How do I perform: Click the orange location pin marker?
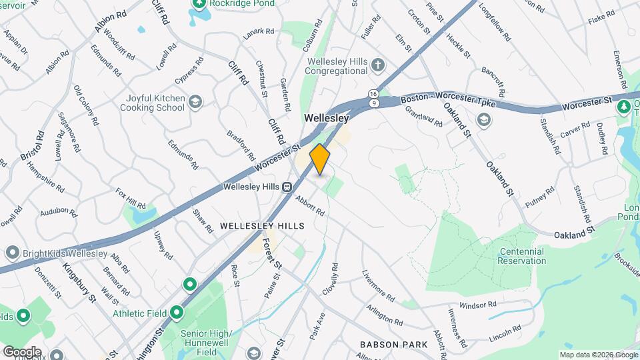coord(320,159)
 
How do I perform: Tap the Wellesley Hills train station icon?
coord(287,187)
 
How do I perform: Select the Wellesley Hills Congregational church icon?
coord(379,65)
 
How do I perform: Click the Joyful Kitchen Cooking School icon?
coord(195,102)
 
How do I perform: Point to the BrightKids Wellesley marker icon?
coord(11,253)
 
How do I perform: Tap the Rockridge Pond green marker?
coord(198,4)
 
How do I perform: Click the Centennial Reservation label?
coord(521,256)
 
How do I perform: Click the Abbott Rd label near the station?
coord(311,205)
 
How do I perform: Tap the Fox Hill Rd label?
coord(130,199)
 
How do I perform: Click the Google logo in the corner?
coord(21,351)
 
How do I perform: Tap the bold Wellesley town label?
coord(327,118)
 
